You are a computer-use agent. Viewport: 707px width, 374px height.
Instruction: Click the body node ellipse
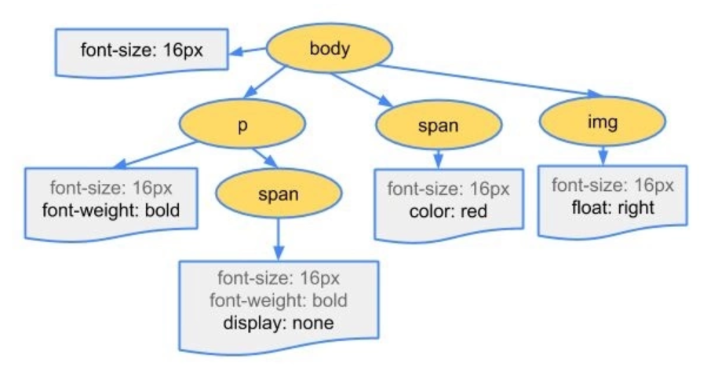pos(330,49)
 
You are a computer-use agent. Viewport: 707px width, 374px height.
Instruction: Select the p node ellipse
pos(242,125)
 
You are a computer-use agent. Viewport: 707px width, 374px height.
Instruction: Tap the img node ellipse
pos(603,123)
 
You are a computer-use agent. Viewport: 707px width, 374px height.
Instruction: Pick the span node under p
pos(279,194)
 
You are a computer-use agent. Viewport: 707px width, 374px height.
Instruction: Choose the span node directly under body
pos(438,126)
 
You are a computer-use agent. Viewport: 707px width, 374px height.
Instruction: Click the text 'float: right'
pos(611,208)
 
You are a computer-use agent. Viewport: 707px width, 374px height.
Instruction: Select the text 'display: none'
pos(280,322)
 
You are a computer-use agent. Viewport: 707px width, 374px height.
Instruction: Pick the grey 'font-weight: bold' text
pos(280,300)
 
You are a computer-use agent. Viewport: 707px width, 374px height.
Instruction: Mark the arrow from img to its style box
pos(602,156)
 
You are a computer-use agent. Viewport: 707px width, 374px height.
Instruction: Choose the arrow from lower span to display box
pos(279,239)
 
